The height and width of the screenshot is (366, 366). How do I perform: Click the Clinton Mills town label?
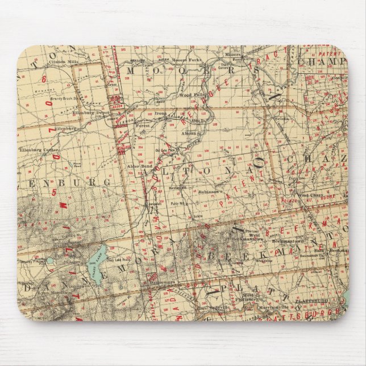[x=63, y=61]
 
